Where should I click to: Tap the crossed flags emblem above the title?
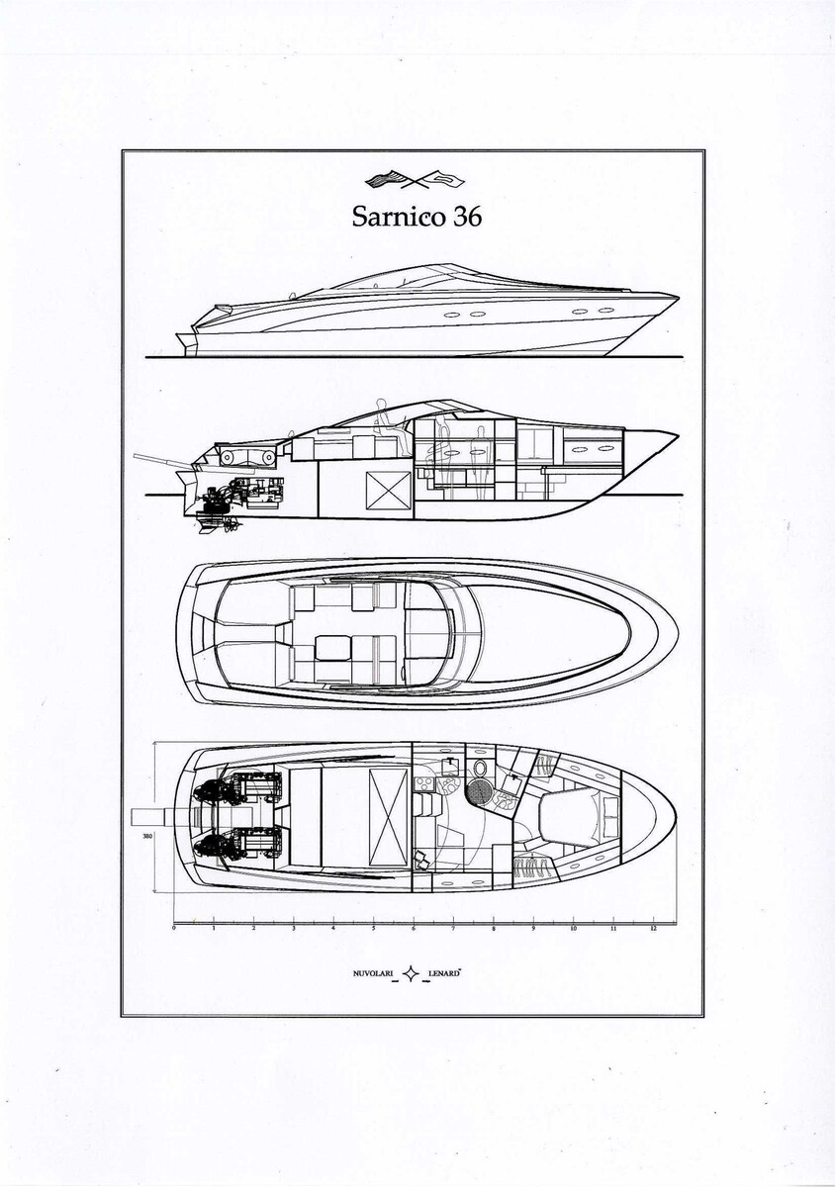417,179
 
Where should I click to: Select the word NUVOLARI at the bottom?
373,975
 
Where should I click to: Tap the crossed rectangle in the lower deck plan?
388,804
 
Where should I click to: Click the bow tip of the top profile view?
678,296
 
